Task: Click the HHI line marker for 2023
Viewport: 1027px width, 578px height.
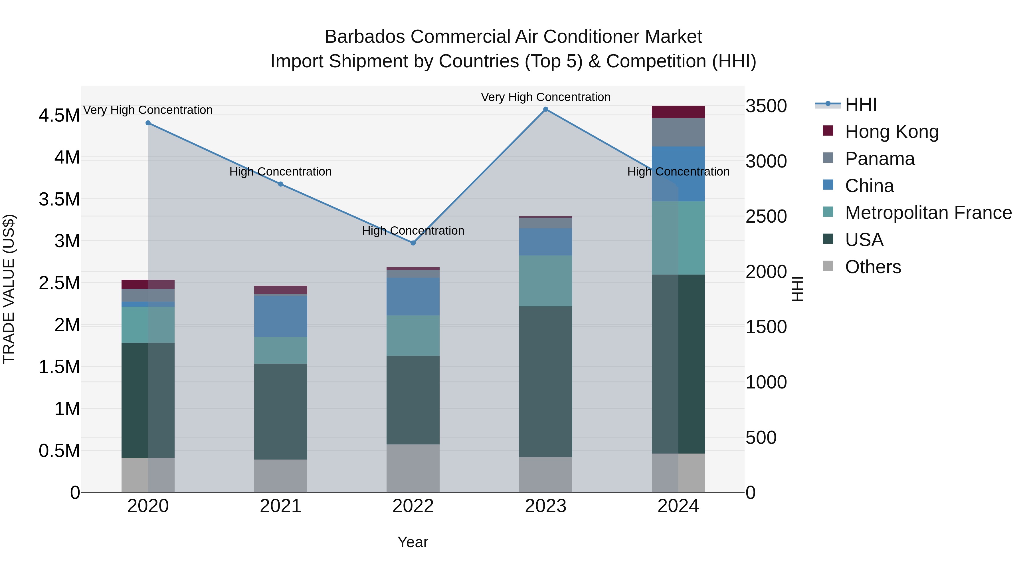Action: point(545,109)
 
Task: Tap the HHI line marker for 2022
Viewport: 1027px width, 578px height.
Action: point(413,243)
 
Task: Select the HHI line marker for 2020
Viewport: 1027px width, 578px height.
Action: point(148,123)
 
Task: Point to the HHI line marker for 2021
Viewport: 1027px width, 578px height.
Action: point(281,184)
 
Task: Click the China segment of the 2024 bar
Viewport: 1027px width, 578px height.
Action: point(678,174)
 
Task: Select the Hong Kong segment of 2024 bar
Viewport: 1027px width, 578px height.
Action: point(678,112)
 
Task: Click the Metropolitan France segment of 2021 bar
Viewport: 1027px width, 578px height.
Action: point(281,350)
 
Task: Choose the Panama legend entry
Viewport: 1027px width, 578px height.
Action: point(880,159)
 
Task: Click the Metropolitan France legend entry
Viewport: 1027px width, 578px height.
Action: point(928,213)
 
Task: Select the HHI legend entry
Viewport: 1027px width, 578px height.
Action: point(860,104)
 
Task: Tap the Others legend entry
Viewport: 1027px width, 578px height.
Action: point(873,267)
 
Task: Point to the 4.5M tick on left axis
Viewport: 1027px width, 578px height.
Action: point(59,116)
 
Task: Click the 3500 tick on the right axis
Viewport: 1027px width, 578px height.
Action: point(766,106)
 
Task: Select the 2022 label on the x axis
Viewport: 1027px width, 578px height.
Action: point(413,506)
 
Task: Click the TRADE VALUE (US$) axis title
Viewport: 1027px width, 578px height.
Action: point(9,289)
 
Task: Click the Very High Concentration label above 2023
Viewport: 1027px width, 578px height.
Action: point(545,97)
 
